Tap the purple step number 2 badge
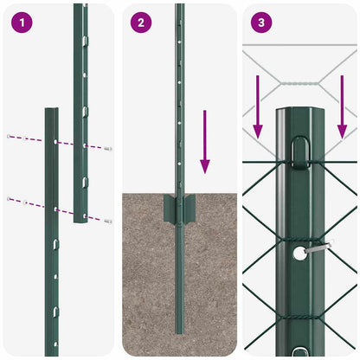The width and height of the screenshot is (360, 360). click(141, 22)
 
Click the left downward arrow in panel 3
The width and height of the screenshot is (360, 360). click(257, 107)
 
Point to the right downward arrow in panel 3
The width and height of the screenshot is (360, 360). click(342, 107)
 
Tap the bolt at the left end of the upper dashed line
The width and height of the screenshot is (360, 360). click(9, 137)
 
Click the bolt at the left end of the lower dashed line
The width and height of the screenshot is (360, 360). click(9, 199)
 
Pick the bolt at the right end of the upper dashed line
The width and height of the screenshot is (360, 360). click(108, 149)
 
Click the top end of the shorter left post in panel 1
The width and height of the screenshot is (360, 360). click(51, 112)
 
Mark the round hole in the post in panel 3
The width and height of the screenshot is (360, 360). click(299, 253)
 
